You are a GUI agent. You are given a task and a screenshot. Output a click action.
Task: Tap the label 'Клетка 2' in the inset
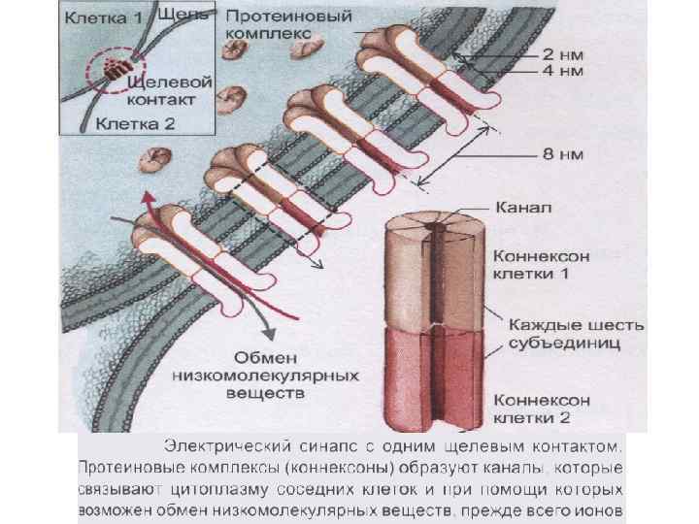tap(133, 123)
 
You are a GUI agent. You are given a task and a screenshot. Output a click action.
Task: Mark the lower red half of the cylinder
tap(427, 378)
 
